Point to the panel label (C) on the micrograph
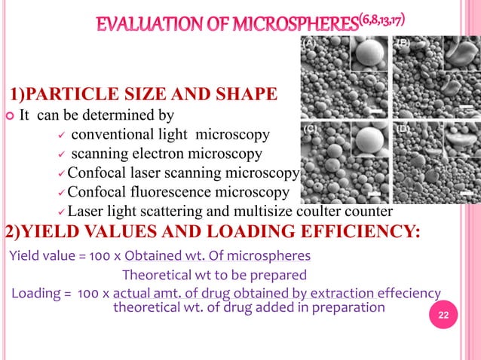(x=309, y=130)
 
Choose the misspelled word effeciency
(x=404, y=292)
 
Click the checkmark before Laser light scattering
(x=63, y=211)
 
